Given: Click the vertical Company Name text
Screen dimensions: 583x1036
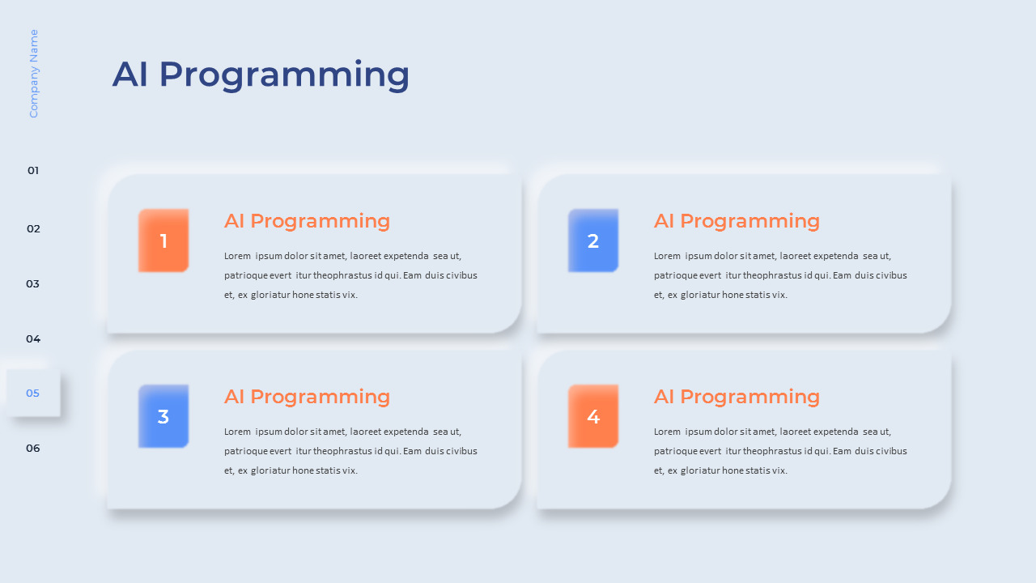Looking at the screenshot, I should point(34,74).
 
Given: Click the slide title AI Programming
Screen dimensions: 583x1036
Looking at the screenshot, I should point(261,74).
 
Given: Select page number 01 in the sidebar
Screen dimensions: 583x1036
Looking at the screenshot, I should point(33,171).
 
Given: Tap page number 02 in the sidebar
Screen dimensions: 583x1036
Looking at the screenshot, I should point(33,229).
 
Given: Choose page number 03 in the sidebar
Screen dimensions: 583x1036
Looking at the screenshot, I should point(33,284).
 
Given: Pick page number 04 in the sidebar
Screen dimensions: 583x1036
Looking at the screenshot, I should point(33,339).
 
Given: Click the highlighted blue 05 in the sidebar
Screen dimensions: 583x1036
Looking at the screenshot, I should point(33,394).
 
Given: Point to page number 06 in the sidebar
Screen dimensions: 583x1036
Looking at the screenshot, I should point(33,449).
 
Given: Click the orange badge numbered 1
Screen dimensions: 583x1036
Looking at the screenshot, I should point(163,240).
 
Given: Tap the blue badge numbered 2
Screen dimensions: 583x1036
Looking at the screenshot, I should point(593,240).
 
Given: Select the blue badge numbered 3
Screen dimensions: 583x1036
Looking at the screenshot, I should point(163,416).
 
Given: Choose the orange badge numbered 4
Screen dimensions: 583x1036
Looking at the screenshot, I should point(593,416).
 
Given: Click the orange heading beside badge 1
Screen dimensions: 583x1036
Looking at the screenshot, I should point(307,221).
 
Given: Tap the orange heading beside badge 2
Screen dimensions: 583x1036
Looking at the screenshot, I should point(737,221).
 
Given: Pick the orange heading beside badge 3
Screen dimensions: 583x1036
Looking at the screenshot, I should point(307,397).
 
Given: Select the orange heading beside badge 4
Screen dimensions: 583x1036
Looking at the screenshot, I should point(737,397).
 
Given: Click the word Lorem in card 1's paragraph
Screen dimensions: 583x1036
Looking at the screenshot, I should point(237,256).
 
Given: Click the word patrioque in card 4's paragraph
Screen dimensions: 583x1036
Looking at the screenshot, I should point(673,451).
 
